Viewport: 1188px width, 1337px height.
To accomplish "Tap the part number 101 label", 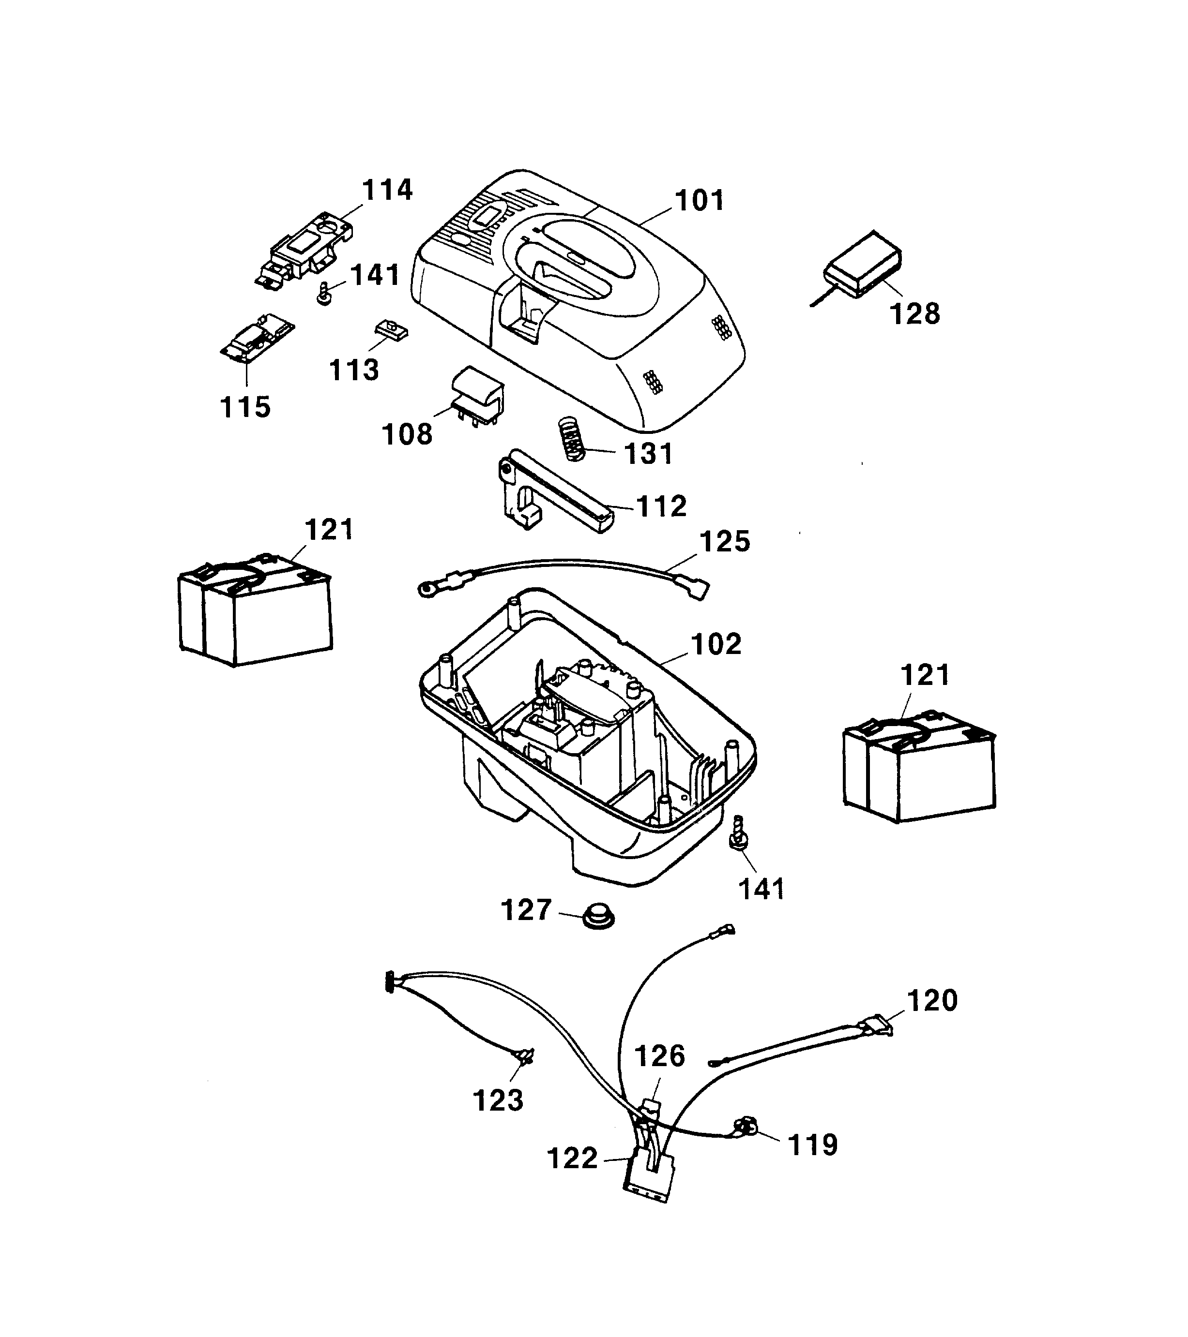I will click(x=700, y=200).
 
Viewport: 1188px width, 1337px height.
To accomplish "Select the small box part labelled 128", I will click(x=863, y=266).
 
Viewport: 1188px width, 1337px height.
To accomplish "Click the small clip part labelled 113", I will click(x=392, y=329).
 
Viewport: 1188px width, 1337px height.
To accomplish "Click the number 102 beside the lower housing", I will click(x=716, y=644).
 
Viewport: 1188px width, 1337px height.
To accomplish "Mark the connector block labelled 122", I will click(x=649, y=1175).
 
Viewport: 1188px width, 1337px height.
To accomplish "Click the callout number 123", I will click(x=498, y=1101).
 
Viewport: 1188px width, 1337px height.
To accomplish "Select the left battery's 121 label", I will click(x=329, y=530).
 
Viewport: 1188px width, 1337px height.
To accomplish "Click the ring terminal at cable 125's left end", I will click(x=427, y=590).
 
